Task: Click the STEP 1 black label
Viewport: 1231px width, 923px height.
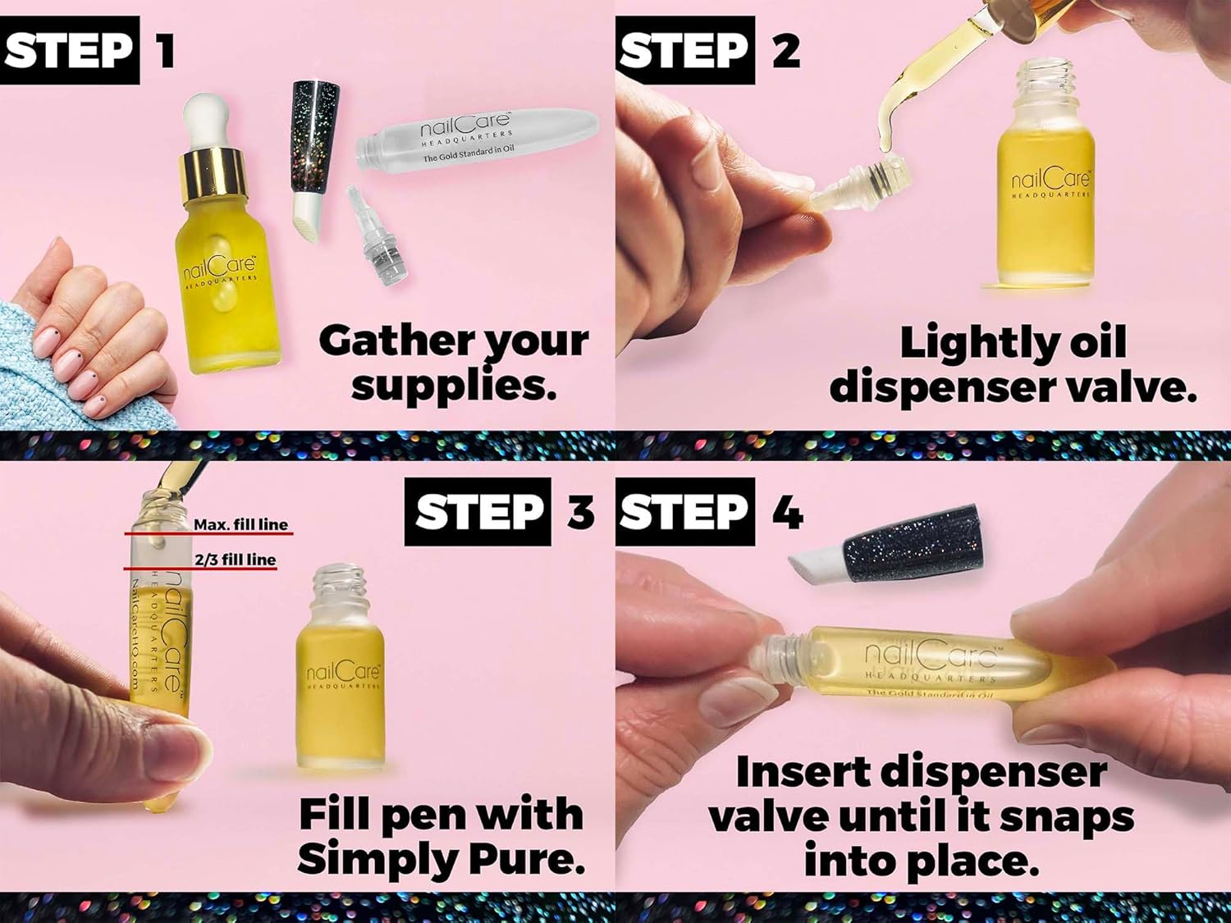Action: pyautogui.click(x=69, y=51)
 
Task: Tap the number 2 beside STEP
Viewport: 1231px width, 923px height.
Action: pyautogui.click(x=785, y=51)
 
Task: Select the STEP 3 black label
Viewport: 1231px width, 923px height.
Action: pyautogui.click(x=478, y=512)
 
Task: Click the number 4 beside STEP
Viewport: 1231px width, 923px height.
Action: pyautogui.click(x=786, y=514)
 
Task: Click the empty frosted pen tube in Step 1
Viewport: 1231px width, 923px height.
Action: pyautogui.click(x=476, y=140)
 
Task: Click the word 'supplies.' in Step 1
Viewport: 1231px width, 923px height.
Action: pyautogui.click(x=454, y=385)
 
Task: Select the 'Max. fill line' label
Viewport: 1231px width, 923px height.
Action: pyautogui.click(x=240, y=524)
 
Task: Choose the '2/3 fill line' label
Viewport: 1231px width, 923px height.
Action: pyautogui.click(x=235, y=560)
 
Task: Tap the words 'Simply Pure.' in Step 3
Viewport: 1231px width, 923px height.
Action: pyautogui.click(x=441, y=858)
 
